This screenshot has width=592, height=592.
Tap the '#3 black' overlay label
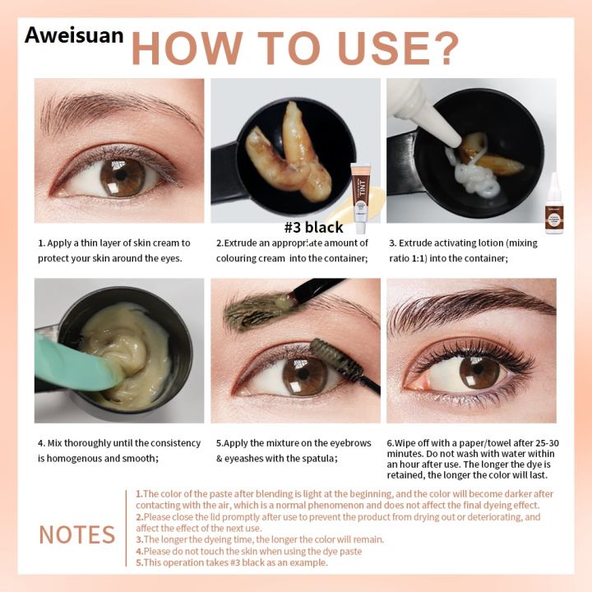click(313, 227)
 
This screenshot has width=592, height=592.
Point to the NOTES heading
click(76, 534)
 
